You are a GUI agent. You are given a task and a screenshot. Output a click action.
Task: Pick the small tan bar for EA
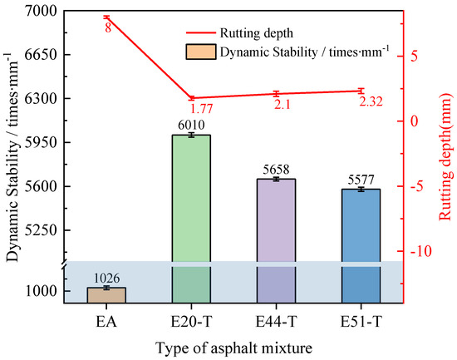coord(107,294)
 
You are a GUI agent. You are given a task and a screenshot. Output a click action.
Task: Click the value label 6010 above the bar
coord(190,125)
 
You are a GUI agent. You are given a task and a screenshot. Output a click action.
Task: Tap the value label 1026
coord(107,277)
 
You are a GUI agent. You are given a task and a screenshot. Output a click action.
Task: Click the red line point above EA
coord(107,17)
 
